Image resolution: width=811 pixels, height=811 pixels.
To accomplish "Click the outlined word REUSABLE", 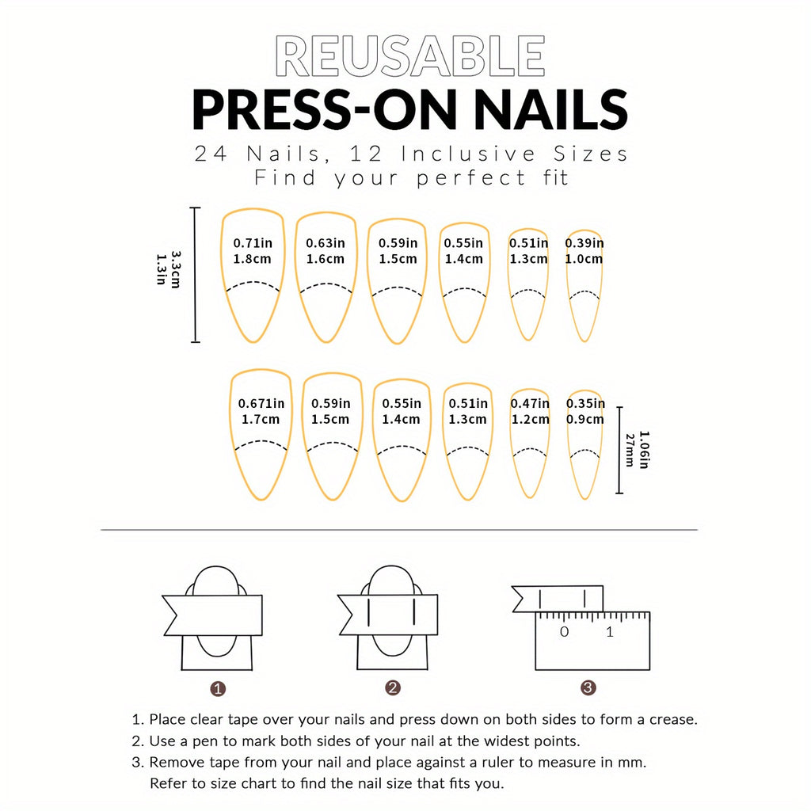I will (x=409, y=57).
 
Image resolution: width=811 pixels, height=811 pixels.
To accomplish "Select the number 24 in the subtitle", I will (x=211, y=154).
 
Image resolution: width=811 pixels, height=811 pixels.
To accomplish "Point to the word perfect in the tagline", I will (x=471, y=178).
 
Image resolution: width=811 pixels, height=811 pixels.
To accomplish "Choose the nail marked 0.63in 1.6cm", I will (x=326, y=275).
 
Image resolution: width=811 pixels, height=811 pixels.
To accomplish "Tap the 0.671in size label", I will (x=261, y=404).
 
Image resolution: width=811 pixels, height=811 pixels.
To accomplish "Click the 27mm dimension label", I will (x=630, y=450).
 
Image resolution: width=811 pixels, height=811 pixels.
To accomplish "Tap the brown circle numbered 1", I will (x=219, y=688).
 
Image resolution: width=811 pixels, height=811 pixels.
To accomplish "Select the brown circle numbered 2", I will (x=393, y=688).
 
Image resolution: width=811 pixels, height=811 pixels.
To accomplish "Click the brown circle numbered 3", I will (x=588, y=688).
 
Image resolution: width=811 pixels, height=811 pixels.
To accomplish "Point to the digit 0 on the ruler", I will (x=564, y=632).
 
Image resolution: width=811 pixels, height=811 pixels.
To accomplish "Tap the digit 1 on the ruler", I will (x=609, y=632).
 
